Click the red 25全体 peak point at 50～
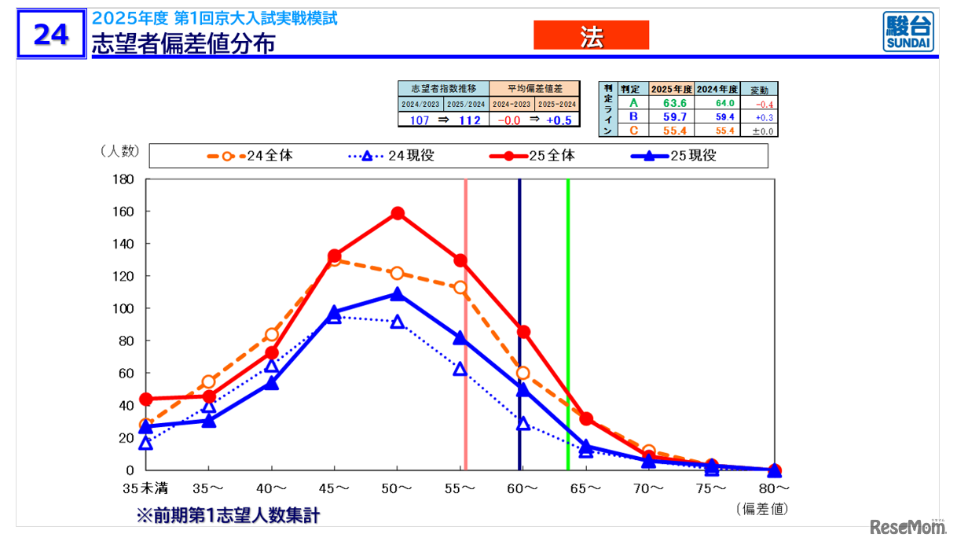pyautogui.click(x=398, y=213)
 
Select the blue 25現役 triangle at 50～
pyautogui.click(x=398, y=294)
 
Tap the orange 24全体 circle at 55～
pyautogui.click(x=460, y=288)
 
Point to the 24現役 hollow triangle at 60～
pyautogui.click(x=523, y=424)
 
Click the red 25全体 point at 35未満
pyautogui.click(x=145, y=399)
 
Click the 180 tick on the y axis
pyautogui.click(x=124, y=179)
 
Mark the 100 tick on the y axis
pyautogui.click(x=124, y=308)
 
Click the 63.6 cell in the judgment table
pyautogui.click(x=673, y=103)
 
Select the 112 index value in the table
pyautogui.click(x=469, y=120)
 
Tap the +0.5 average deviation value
pyautogui.click(x=563, y=120)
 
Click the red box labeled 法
pyautogui.click(x=591, y=35)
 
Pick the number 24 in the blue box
pyautogui.click(x=50, y=34)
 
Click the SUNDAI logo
pyautogui.click(x=908, y=32)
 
